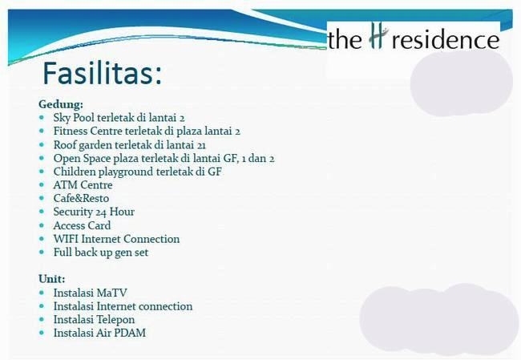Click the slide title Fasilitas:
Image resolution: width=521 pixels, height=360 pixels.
103,73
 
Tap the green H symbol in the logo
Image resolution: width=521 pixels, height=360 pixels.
378,38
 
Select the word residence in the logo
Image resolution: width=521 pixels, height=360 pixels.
445,39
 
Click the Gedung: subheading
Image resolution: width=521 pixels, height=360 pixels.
61,105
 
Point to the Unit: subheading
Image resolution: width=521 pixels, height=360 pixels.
52,279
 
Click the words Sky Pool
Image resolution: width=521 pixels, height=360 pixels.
74,118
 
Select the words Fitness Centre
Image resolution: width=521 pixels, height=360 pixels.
87,131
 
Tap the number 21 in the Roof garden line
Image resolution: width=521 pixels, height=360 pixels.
201,145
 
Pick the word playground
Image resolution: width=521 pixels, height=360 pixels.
125,172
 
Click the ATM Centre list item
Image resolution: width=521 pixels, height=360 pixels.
83,185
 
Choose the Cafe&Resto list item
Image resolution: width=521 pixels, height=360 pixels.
81,199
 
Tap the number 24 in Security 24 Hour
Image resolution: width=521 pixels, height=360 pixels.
101,212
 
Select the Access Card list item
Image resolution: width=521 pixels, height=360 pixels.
82,226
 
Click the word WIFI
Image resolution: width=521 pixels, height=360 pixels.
66,239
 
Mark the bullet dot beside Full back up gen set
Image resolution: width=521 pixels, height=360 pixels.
41,253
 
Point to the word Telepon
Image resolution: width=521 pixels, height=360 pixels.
115,320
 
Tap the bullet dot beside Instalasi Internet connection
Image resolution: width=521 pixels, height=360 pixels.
41,306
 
